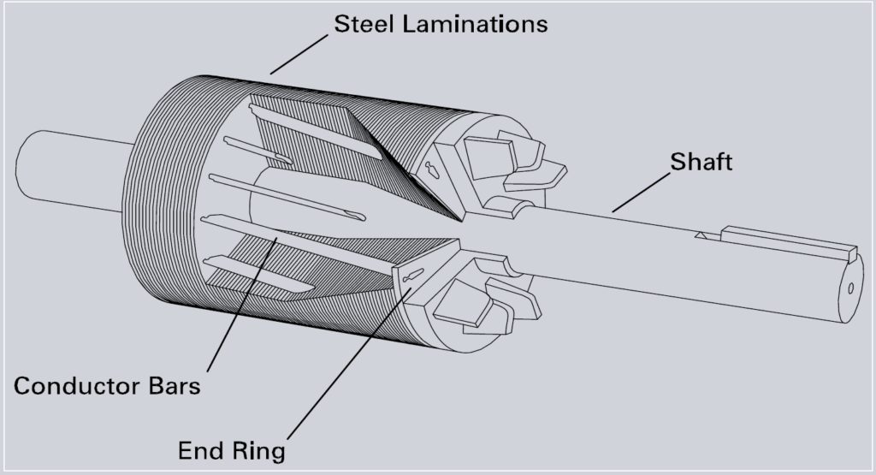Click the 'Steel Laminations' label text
pyautogui.click(x=440, y=23)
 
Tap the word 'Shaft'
pyautogui.click(x=701, y=162)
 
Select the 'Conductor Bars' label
pyautogui.click(x=107, y=385)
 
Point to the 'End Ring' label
pyautogui.click(x=231, y=449)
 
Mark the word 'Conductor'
pyautogui.click(x=72, y=385)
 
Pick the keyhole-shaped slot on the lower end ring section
pyautogui.click(x=410, y=275)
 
